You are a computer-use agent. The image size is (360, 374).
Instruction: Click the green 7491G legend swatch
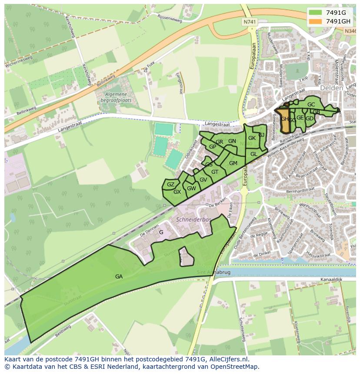[x=316, y=13]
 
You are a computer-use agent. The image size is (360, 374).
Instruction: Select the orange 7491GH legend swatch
[x=316, y=21]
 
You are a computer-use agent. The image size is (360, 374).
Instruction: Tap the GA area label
[x=119, y=276]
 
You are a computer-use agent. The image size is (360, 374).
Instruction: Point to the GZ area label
[x=170, y=185]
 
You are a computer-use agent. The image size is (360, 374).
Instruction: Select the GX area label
[x=177, y=192]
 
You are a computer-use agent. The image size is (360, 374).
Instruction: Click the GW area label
[x=192, y=188]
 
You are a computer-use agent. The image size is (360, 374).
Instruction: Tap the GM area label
[x=233, y=163]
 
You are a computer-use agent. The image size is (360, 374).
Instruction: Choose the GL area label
[x=254, y=154]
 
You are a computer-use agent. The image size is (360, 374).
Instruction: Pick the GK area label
[x=252, y=138]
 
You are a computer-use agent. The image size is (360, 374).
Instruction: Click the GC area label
[x=311, y=105]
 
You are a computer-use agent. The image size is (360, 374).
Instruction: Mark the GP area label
[x=213, y=147]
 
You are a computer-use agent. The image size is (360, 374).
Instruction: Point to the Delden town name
[x=331, y=88]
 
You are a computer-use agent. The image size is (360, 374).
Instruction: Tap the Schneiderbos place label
[x=193, y=220]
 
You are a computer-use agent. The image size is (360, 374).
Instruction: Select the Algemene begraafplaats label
[x=115, y=97]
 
